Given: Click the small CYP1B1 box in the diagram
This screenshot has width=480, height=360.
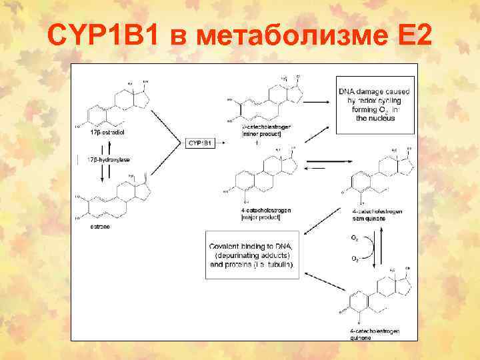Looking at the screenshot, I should (200, 143).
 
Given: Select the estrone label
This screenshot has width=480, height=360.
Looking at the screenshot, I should (101, 227).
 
